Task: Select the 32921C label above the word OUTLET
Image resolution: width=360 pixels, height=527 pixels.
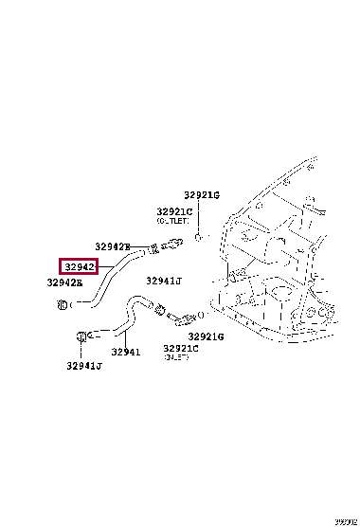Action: pos(175,211)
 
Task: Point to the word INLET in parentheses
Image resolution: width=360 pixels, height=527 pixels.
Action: pos(176,357)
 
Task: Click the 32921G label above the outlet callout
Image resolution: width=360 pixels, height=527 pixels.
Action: pos(201,194)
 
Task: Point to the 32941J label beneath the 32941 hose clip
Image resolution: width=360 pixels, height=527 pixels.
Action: pos(84,366)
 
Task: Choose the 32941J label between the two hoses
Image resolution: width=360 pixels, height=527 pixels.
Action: pos(164,282)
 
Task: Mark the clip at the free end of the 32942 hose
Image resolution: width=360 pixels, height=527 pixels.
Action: pos(61,304)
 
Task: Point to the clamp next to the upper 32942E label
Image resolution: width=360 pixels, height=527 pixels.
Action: pos(150,250)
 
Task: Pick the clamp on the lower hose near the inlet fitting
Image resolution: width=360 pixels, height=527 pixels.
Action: pos(161,308)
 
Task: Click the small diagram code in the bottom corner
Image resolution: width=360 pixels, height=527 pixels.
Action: pos(346,520)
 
